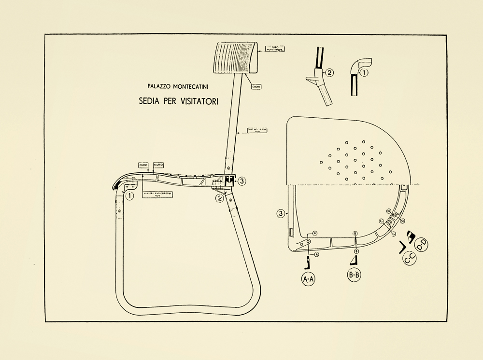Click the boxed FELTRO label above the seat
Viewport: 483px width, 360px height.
pos(159,165)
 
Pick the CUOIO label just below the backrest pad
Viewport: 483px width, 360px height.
pos(256,87)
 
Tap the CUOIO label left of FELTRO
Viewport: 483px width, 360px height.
pos(143,165)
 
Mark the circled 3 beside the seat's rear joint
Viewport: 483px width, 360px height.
pos(242,181)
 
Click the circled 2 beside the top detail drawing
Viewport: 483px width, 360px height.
pos(329,73)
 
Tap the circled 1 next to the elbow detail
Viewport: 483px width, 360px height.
pos(365,73)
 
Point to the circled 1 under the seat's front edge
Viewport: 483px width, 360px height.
pos(129,196)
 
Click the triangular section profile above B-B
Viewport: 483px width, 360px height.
pos(354,260)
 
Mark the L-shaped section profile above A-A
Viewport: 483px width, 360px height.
pos(307,263)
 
